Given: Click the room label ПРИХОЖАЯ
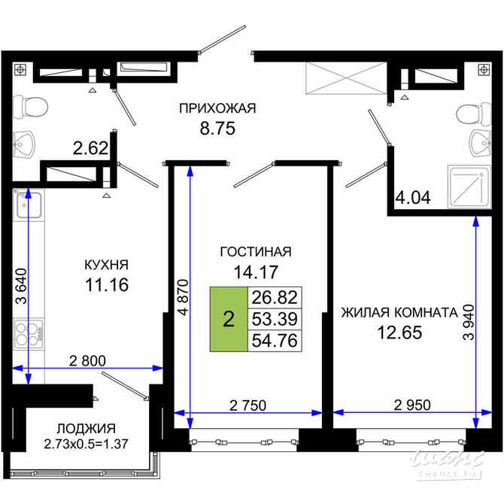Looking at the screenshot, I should [217, 108].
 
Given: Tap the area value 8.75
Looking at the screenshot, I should [217, 128].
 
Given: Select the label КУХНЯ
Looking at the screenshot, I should [106, 265].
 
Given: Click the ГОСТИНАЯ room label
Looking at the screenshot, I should [255, 252].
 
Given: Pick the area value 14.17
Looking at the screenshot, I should [255, 272].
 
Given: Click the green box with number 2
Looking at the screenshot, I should [228, 319].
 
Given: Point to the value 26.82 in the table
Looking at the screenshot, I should [273, 296].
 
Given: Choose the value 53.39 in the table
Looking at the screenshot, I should [273, 318].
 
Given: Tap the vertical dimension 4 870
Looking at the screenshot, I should [179, 301].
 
